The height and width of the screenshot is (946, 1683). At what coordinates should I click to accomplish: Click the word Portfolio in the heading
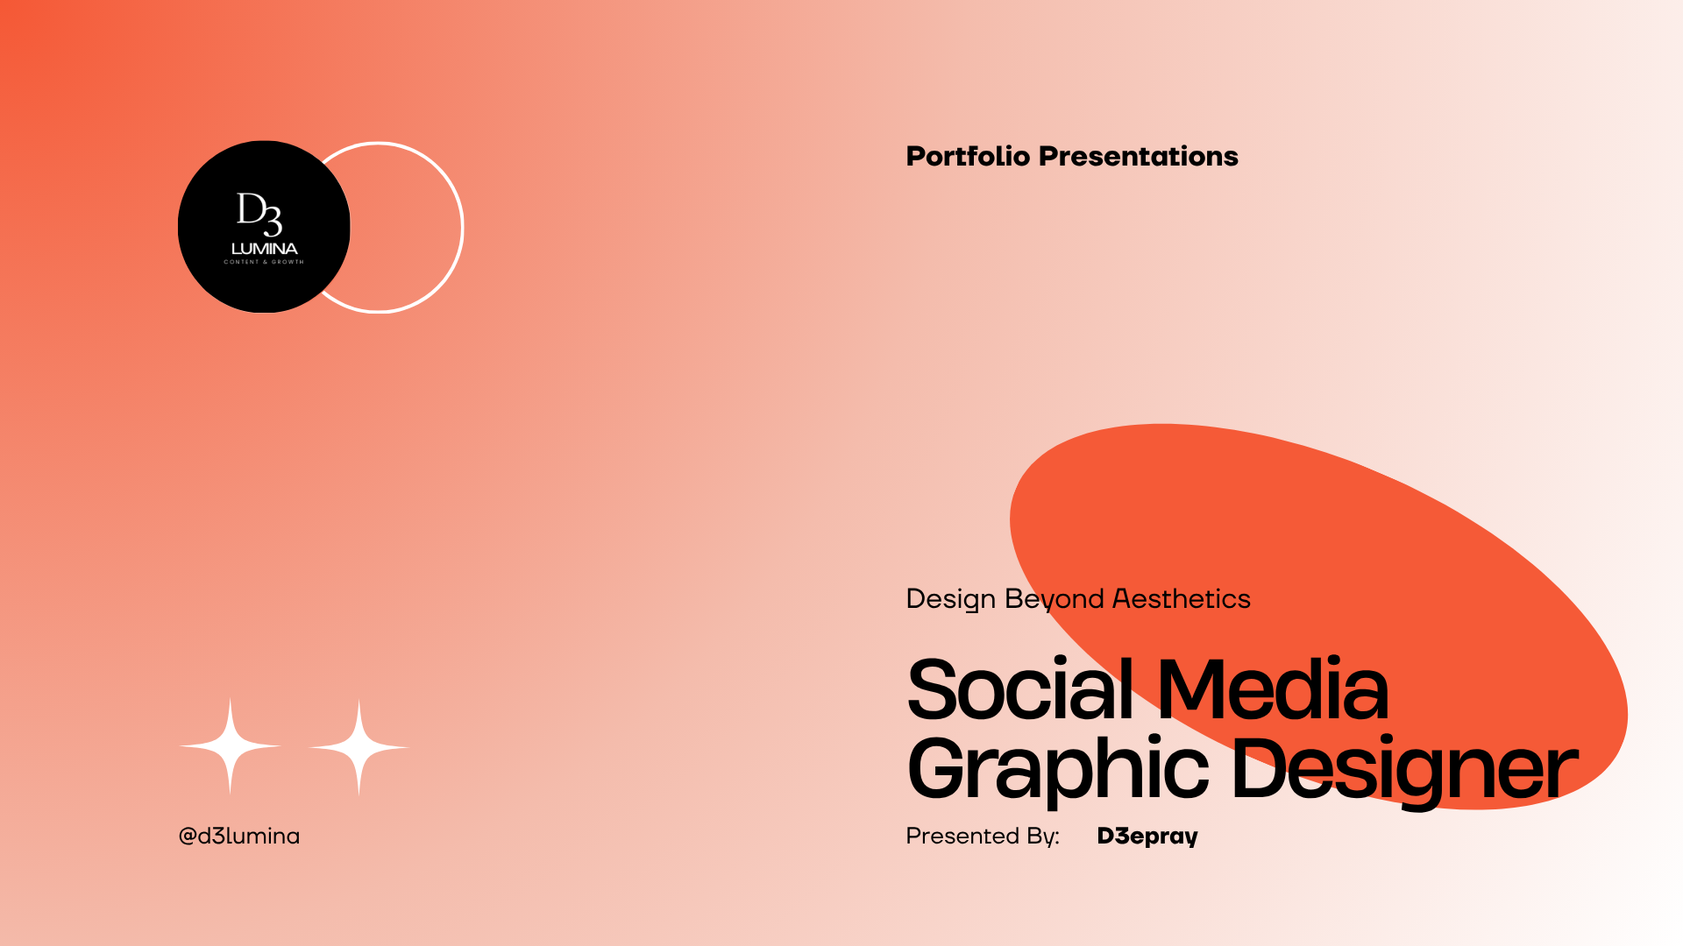click(x=968, y=156)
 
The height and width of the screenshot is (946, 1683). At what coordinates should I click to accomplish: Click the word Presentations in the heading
click(x=1139, y=156)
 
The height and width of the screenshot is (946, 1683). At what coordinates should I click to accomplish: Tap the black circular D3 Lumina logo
click(x=264, y=227)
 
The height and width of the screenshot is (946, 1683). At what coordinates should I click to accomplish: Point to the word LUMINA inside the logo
click(x=265, y=249)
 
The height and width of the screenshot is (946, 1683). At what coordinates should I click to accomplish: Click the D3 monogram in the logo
click(x=259, y=215)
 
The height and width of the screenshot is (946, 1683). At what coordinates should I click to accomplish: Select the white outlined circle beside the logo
click(x=462, y=228)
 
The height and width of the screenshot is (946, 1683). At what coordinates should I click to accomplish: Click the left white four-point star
click(x=230, y=746)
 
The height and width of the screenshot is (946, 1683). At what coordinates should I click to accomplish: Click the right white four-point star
click(x=359, y=747)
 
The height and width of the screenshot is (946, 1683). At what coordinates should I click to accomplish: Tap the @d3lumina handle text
click(x=239, y=836)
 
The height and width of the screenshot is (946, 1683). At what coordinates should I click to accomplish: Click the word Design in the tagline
click(x=951, y=599)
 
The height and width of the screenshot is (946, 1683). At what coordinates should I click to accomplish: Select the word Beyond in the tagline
click(x=1055, y=599)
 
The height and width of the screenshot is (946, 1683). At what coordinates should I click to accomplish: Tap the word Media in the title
click(x=1273, y=689)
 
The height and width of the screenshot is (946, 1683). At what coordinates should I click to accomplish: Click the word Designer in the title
click(x=1405, y=770)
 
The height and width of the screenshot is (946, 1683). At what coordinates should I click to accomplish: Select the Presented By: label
click(x=983, y=836)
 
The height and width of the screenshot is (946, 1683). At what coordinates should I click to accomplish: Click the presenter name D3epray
click(x=1147, y=837)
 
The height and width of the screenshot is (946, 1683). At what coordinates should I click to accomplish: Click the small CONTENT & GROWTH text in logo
click(x=264, y=262)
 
